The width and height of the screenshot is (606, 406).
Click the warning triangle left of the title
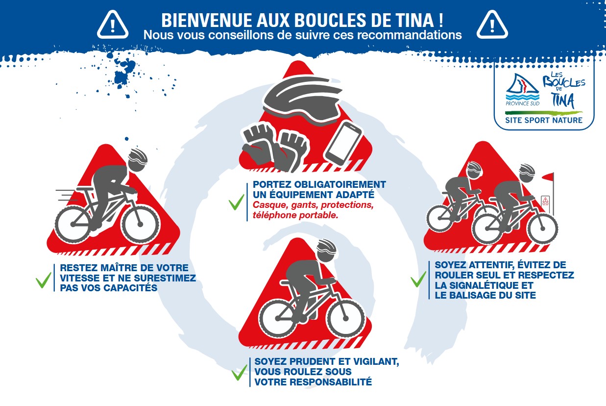[x=113, y=25]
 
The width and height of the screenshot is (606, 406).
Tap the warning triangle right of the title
[x=492, y=25]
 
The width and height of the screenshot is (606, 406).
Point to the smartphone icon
[x=343, y=143]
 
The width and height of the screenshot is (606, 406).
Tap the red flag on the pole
[x=548, y=177]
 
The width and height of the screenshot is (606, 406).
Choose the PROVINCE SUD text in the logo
[x=522, y=103]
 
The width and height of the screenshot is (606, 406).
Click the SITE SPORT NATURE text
[x=544, y=120]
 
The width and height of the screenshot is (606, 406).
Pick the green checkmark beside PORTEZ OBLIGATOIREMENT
[x=237, y=202]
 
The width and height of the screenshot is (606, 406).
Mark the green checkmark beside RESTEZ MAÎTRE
[x=43, y=280]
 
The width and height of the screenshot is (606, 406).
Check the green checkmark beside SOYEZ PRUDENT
[x=239, y=373]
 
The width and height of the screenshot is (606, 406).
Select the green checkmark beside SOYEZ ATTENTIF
[x=418, y=279]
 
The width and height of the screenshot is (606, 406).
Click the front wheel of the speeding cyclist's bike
[x=140, y=224]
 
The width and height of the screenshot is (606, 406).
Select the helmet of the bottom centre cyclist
[x=326, y=251]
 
